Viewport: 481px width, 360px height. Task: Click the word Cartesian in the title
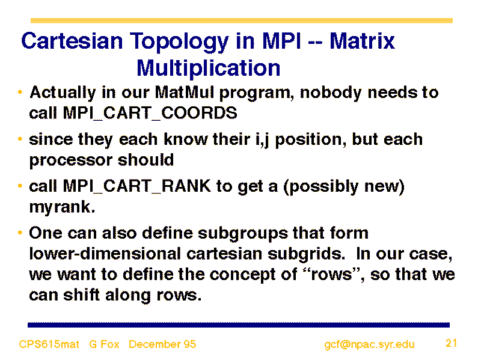coord(72,41)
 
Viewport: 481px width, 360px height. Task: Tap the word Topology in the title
coord(179,42)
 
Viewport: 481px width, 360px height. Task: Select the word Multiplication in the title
coord(208,69)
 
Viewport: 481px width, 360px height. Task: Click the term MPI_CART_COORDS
coord(150,113)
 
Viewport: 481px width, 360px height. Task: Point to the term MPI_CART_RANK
coord(137,186)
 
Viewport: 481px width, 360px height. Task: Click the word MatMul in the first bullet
coord(184,93)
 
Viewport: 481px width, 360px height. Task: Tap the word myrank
coord(62,207)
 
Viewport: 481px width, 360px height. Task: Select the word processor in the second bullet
coord(71,160)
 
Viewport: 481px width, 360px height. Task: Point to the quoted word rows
coord(332,274)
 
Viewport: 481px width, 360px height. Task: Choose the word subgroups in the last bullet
coord(243,234)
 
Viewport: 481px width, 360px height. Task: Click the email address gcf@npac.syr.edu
coord(369,344)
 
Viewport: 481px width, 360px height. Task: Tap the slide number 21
coord(452,343)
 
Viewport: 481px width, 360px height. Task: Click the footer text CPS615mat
coord(49,344)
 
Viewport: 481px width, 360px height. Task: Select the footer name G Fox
coord(104,344)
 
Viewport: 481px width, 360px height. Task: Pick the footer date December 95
coord(162,344)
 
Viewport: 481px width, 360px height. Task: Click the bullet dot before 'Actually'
coord(20,92)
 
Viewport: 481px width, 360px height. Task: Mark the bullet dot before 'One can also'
coord(20,233)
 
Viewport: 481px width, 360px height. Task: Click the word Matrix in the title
coord(362,41)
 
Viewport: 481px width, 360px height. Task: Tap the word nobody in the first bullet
coord(331,93)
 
